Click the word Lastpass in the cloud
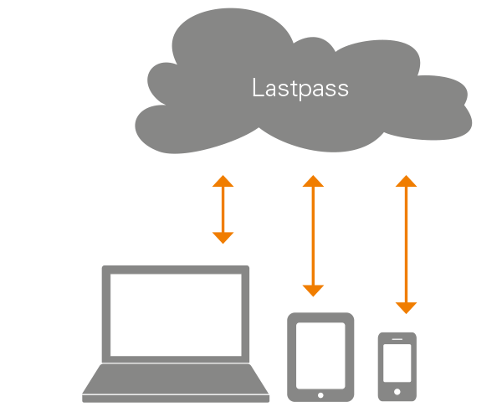(x=300, y=89)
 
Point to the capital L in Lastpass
(x=258, y=88)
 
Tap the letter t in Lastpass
(x=289, y=88)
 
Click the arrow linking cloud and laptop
(x=223, y=209)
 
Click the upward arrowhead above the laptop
(x=223, y=181)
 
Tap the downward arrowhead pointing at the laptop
(x=223, y=237)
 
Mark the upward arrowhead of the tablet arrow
(x=313, y=181)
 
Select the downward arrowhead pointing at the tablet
(x=313, y=291)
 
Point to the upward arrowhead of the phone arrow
(x=406, y=181)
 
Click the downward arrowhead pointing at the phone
(x=406, y=307)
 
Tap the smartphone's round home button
(x=397, y=390)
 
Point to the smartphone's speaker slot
(x=397, y=339)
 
